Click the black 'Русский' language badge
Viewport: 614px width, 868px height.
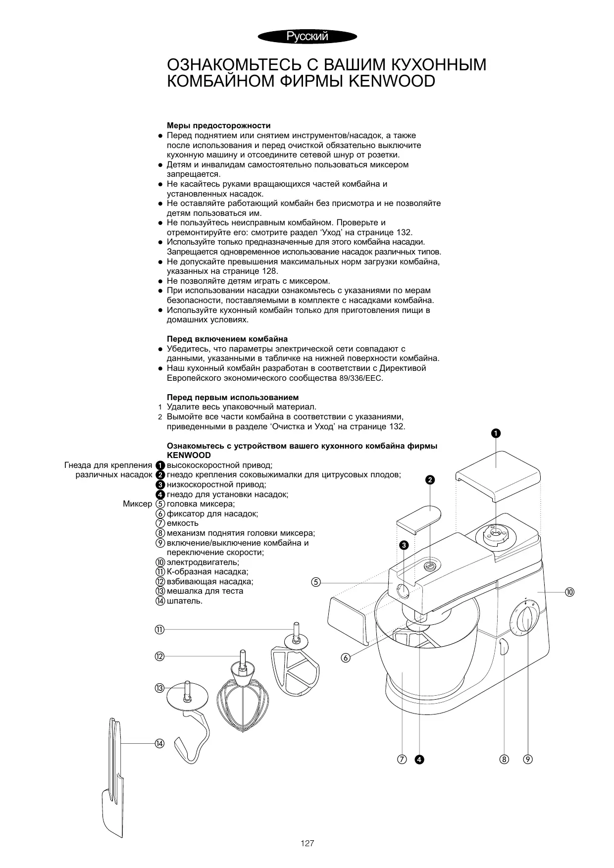point(307,36)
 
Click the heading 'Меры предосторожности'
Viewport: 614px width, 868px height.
point(218,126)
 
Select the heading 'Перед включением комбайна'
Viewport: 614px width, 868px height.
point(227,339)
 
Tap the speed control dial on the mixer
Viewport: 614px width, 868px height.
point(528,619)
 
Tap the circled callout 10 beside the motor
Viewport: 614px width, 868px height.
point(569,592)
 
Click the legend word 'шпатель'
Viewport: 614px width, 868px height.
point(184,601)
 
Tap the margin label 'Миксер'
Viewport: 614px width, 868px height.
point(137,504)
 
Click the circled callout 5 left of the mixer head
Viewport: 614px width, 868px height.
point(315,582)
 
